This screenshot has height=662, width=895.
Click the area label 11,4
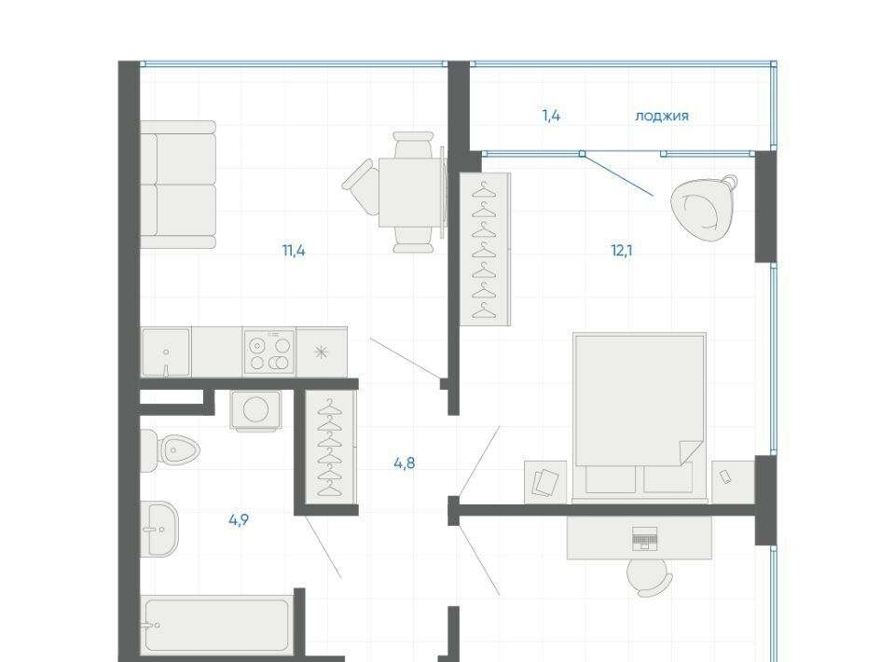click(294, 251)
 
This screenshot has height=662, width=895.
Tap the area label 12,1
click(622, 251)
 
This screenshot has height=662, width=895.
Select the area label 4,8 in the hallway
click(404, 463)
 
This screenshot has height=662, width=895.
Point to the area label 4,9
click(239, 520)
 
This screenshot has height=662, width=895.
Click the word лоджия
click(662, 116)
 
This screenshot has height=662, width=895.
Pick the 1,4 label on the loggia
click(551, 116)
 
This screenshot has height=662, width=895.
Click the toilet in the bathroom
click(169, 451)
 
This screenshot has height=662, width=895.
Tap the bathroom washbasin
click(159, 529)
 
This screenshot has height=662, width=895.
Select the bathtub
click(217, 625)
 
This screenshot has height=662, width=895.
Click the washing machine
click(255, 409)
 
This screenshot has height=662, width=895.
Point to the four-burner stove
click(268, 352)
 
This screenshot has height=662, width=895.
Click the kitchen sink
click(166, 352)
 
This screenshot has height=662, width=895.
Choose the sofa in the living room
click(178, 185)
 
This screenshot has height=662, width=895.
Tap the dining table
click(411, 192)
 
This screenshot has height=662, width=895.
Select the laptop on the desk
click(645, 539)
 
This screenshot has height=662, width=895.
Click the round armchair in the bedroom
click(702, 208)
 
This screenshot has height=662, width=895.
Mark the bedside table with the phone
click(734, 482)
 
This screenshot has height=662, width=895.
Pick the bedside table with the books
click(545, 482)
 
